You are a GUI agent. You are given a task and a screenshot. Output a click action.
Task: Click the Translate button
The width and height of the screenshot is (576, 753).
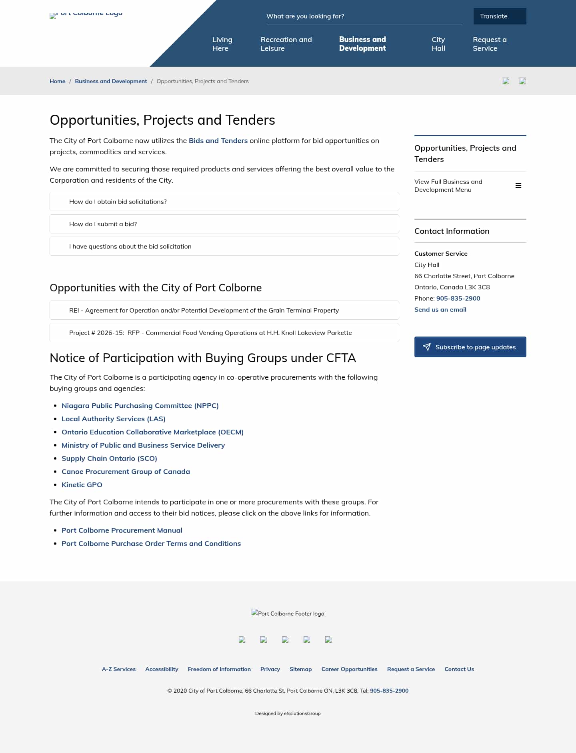(500, 16)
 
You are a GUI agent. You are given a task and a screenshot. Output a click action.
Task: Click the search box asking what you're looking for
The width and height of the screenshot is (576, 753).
(363, 16)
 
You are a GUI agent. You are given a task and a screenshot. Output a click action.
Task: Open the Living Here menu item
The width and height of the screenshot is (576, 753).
(222, 44)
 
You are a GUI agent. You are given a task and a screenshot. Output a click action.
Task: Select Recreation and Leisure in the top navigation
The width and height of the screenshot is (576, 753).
(286, 44)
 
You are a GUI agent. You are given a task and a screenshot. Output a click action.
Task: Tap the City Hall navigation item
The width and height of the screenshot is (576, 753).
(438, 44)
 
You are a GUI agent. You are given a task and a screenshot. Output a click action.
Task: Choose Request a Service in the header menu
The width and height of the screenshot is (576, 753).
(489, 44)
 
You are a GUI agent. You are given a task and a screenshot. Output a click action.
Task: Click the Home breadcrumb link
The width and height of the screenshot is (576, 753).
(57, 81)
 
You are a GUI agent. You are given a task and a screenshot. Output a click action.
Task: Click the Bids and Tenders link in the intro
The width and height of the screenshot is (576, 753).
(218, 141)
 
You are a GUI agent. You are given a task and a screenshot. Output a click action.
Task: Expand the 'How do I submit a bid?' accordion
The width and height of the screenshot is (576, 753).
(224, 224)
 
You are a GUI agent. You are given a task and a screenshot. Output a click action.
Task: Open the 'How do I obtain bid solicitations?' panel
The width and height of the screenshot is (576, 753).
(224, 201)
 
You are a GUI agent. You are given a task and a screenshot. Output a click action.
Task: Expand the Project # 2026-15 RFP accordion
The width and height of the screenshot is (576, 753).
(224, 333)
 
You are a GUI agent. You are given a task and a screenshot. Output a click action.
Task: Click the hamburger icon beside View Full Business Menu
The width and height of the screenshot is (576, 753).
(518, 185)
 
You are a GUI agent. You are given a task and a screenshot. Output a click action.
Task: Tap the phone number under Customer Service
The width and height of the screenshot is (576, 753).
(458, 298)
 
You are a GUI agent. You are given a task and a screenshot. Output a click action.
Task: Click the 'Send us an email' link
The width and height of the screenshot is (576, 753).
(440, 309)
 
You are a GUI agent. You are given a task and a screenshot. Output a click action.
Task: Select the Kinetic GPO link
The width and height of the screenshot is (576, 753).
(82, 485)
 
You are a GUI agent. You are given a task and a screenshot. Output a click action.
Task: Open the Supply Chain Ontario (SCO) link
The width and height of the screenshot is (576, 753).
(109, 458)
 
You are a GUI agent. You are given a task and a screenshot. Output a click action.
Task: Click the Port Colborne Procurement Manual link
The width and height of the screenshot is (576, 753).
(122, 530)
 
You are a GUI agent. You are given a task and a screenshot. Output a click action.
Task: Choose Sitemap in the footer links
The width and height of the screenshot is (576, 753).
(300, 669)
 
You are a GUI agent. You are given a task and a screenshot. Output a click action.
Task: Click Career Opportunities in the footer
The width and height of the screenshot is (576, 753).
(349, 669)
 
